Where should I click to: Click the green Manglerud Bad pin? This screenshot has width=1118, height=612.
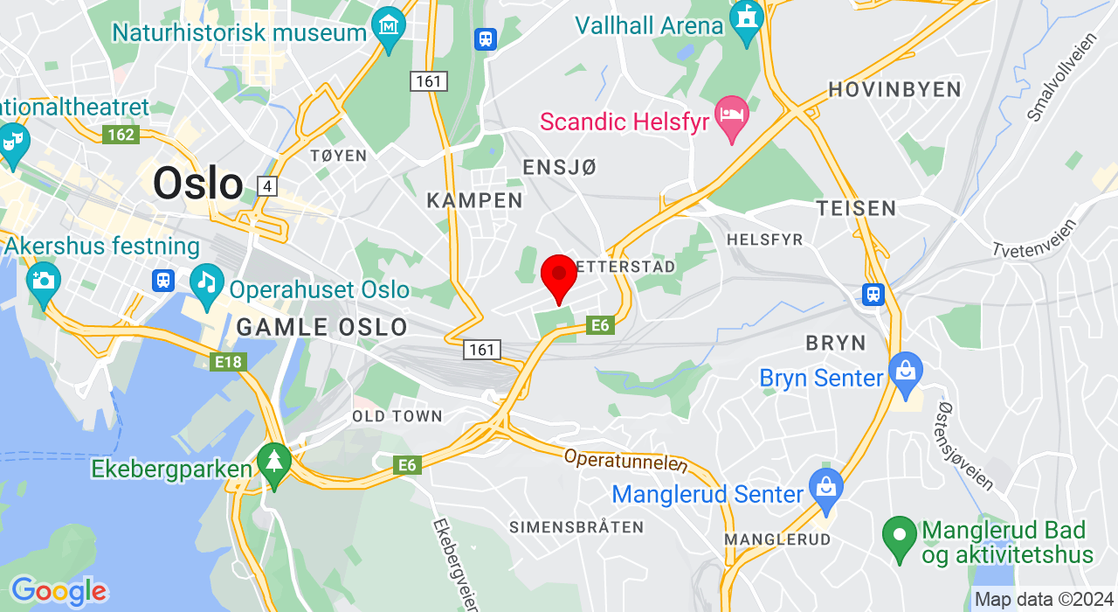click(x=899, y=536)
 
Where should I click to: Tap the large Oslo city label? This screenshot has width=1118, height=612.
click(x=197, y=184)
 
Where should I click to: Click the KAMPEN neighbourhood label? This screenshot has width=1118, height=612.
click(x=474, y=200)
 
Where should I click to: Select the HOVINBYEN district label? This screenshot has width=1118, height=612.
click(x=894, y=89)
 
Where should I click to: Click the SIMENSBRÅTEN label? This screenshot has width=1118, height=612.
click(x=576, y=527)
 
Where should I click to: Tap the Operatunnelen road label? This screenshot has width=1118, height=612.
click(x=625, y=462)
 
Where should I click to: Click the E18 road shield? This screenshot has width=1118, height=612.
click(x=228, y=361)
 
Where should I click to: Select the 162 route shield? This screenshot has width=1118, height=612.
click(x=121, y=135)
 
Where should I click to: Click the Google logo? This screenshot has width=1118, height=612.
click(x=59, y=592)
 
